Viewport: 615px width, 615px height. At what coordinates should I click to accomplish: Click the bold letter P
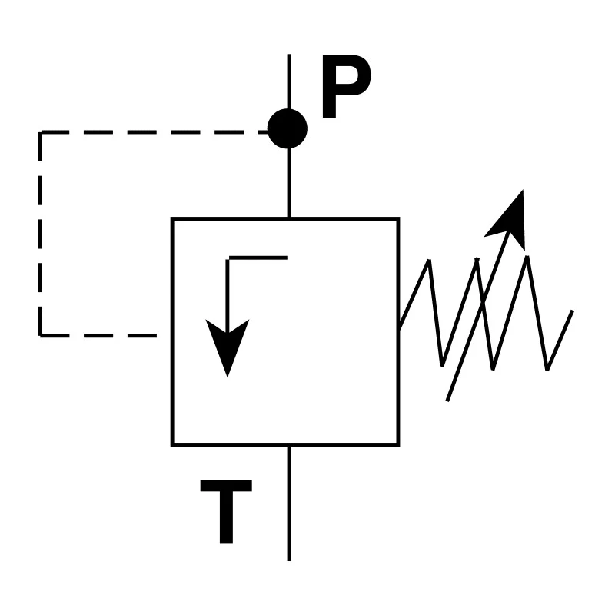(345, 86)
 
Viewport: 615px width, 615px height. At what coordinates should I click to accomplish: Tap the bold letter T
(226, 511)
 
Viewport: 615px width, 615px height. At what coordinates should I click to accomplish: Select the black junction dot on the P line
(287, 128)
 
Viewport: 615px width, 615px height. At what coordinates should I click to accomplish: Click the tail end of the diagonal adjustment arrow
(447, 401)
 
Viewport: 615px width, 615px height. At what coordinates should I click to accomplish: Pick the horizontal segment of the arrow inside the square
(258, 258)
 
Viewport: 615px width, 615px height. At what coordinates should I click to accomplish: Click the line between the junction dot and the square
(289, 183)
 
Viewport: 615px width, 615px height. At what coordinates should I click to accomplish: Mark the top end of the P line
(289, 55)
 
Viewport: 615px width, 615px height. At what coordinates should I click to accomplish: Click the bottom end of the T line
(289, 560)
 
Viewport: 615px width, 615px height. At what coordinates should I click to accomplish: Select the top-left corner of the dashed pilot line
(41, 132)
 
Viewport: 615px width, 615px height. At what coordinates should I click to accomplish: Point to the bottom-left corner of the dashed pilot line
(41, 336)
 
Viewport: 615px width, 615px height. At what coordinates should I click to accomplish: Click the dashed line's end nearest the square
(156, 336)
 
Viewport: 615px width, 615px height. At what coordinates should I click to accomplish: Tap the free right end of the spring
(573, 311)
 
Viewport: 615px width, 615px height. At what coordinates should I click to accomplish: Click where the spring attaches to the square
(399, 329)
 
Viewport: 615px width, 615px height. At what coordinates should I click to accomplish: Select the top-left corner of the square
(172, 218)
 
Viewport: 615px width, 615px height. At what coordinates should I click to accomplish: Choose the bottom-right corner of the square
(398, 445)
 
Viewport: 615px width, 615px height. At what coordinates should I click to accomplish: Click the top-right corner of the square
(398, 218)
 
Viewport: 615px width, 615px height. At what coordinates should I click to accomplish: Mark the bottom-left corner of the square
(172, 445)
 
